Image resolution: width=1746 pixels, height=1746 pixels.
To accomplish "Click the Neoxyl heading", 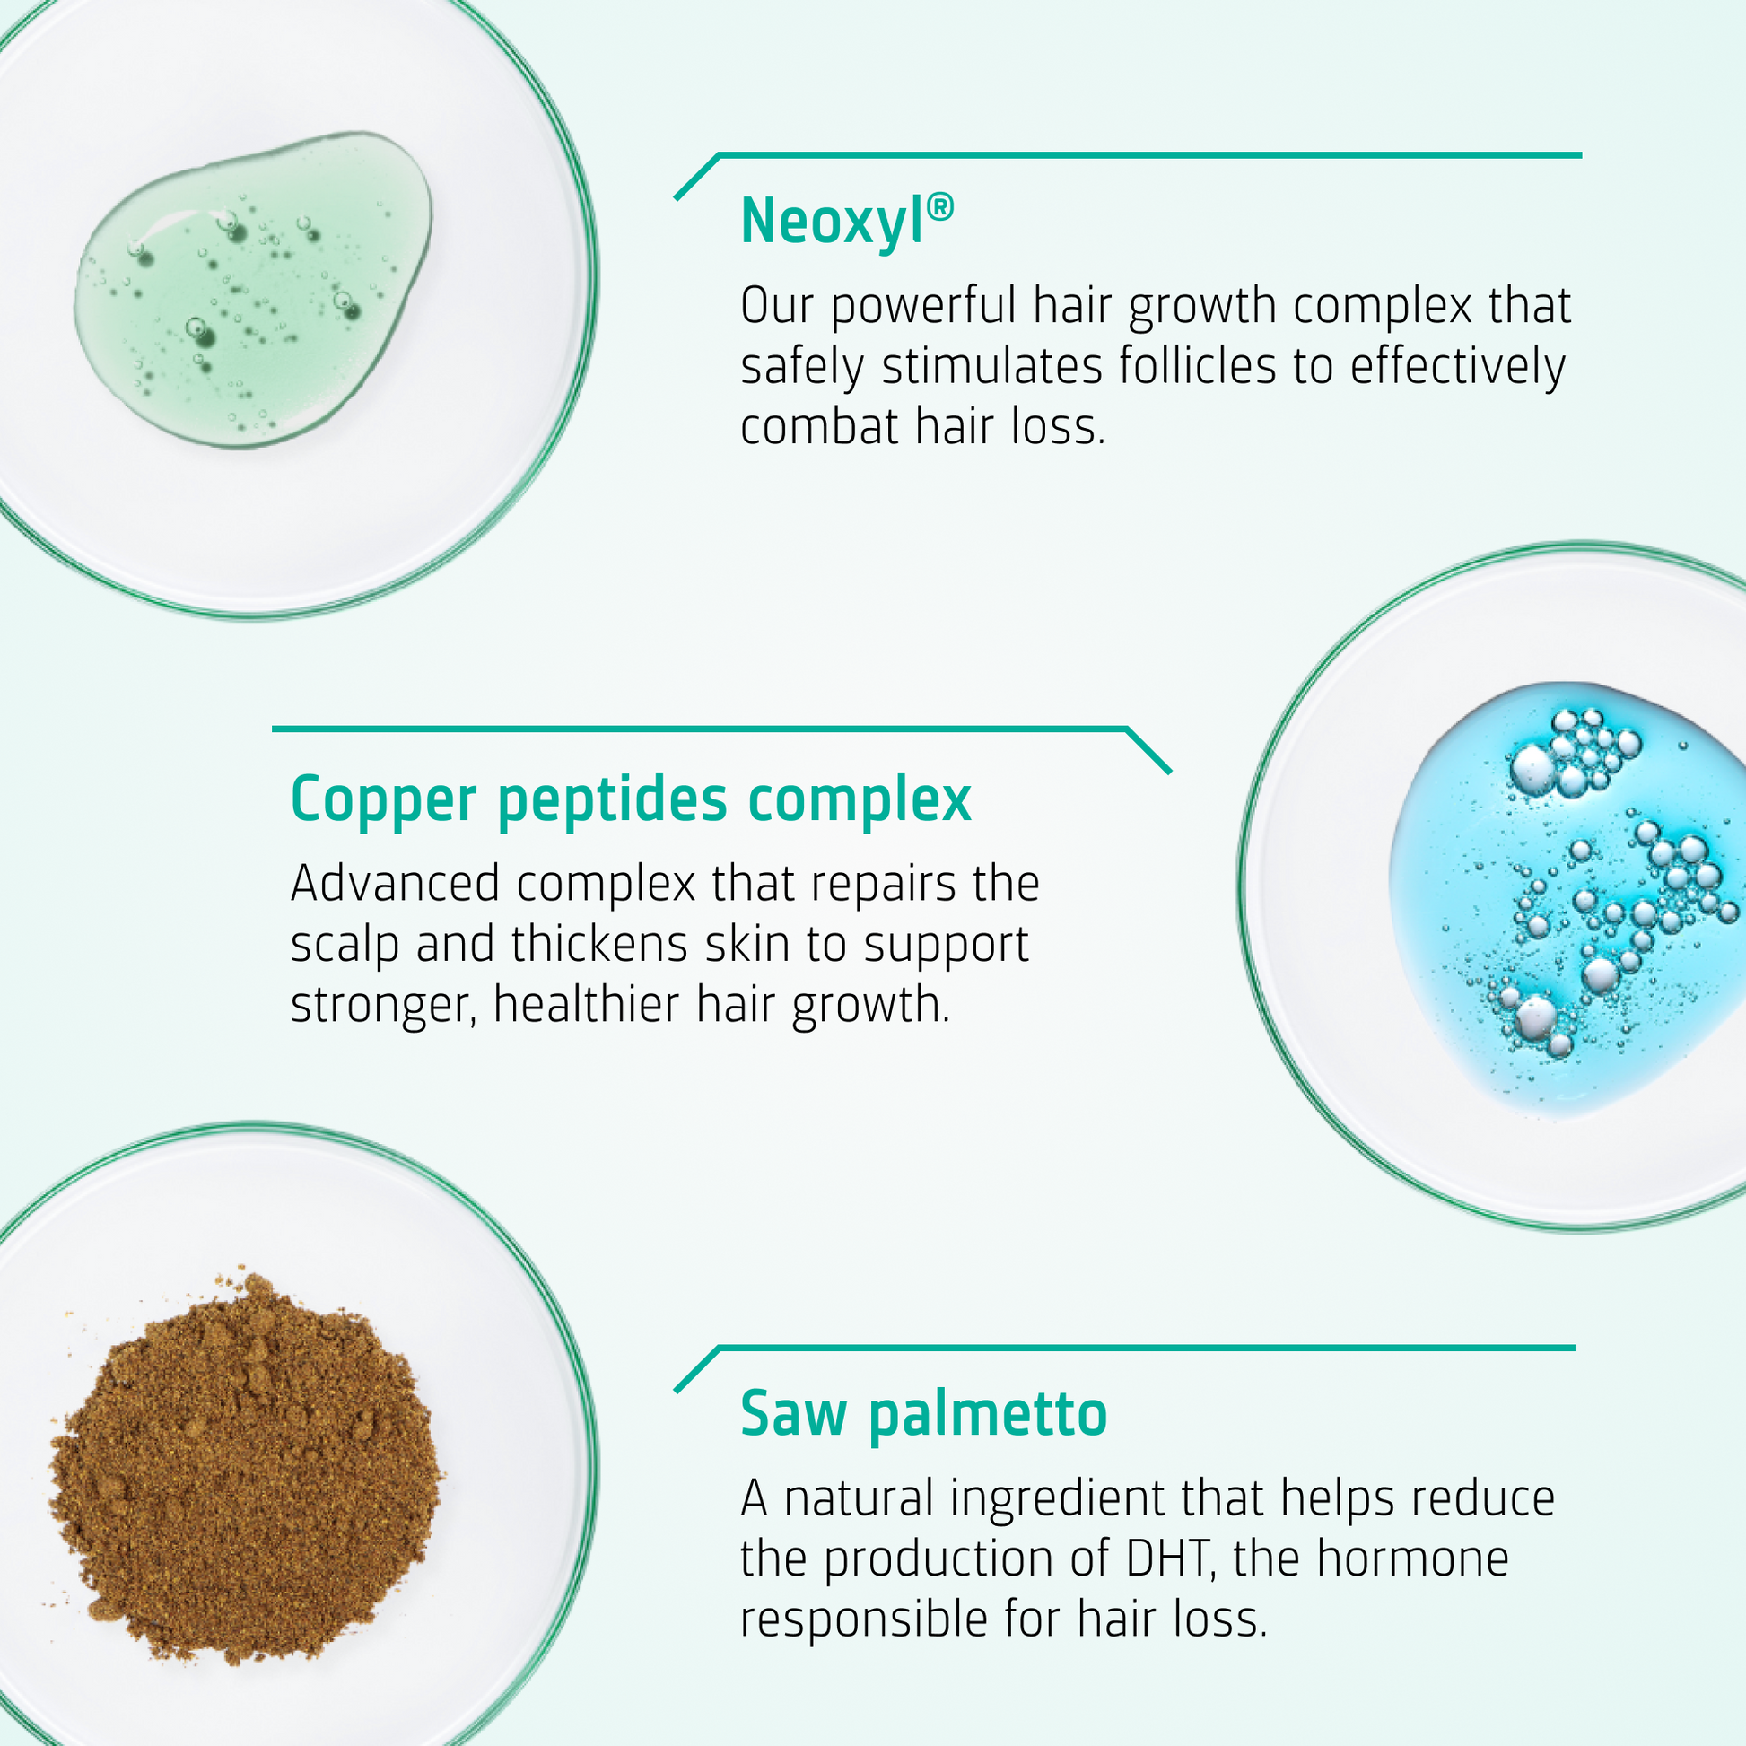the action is tap(847, 222).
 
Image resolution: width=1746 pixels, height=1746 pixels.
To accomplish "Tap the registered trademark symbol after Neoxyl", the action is tap(940, 209).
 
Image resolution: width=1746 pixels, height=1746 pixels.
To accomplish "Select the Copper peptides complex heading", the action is tap(631, 800).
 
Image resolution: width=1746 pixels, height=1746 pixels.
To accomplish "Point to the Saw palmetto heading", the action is tap(923, 1413).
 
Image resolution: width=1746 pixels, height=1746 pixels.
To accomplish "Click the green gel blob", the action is tap(252, 289).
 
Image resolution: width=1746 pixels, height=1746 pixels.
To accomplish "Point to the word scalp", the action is tap(345, 946).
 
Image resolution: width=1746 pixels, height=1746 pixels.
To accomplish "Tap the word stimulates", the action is tap(992, 366).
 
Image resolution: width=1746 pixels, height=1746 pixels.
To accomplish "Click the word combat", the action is tap(820, 426).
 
